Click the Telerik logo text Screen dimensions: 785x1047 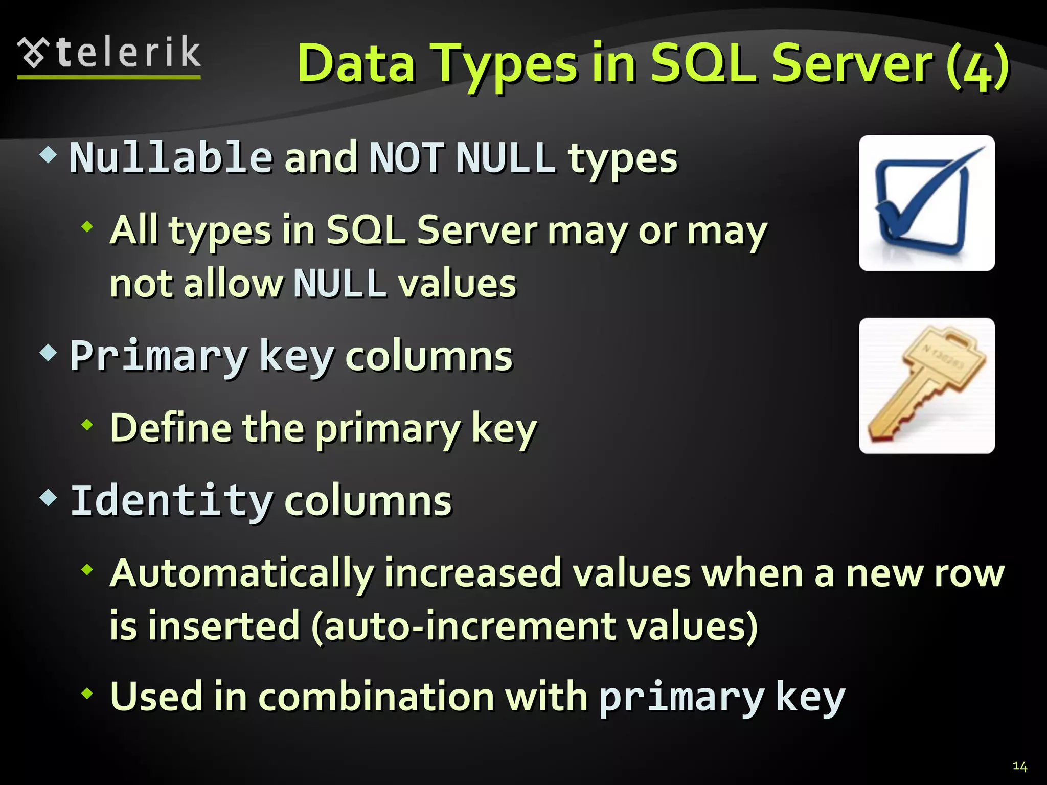tap(128, 53)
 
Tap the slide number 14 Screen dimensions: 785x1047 tap(1019, 766)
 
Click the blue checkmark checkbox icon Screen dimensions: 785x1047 tap(926, 203)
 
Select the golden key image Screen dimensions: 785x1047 tap(926, 386)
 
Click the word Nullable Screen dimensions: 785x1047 tap(171, 157)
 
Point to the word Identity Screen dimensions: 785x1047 tap(172, 500)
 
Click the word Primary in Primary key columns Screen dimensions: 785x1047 tap(158, 356)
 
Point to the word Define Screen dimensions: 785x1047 tap(171, 428)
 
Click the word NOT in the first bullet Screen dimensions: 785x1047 tap(406, 157)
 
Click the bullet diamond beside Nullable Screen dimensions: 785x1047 tap(48, 154)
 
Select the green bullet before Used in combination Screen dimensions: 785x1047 tap(87, 694)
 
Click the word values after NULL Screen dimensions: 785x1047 tap(458, 284)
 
